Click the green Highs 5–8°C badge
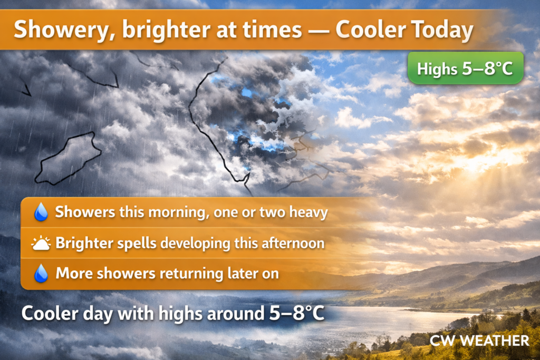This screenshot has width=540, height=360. (x=465, y=68)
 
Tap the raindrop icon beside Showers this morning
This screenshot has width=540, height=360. (x=41, y=211)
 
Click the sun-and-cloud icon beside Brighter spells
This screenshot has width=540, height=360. (x=41, y=243)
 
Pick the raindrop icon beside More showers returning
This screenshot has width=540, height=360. (x=41, y=274)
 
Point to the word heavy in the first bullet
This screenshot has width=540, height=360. (x=308, y=212)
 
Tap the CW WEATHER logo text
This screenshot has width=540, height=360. (x=479, y=340)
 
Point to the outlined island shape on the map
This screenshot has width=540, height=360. (x=68, y=158)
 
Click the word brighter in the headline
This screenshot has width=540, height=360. (x=166, y=30)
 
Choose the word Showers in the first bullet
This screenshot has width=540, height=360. (x=85, y=212)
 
